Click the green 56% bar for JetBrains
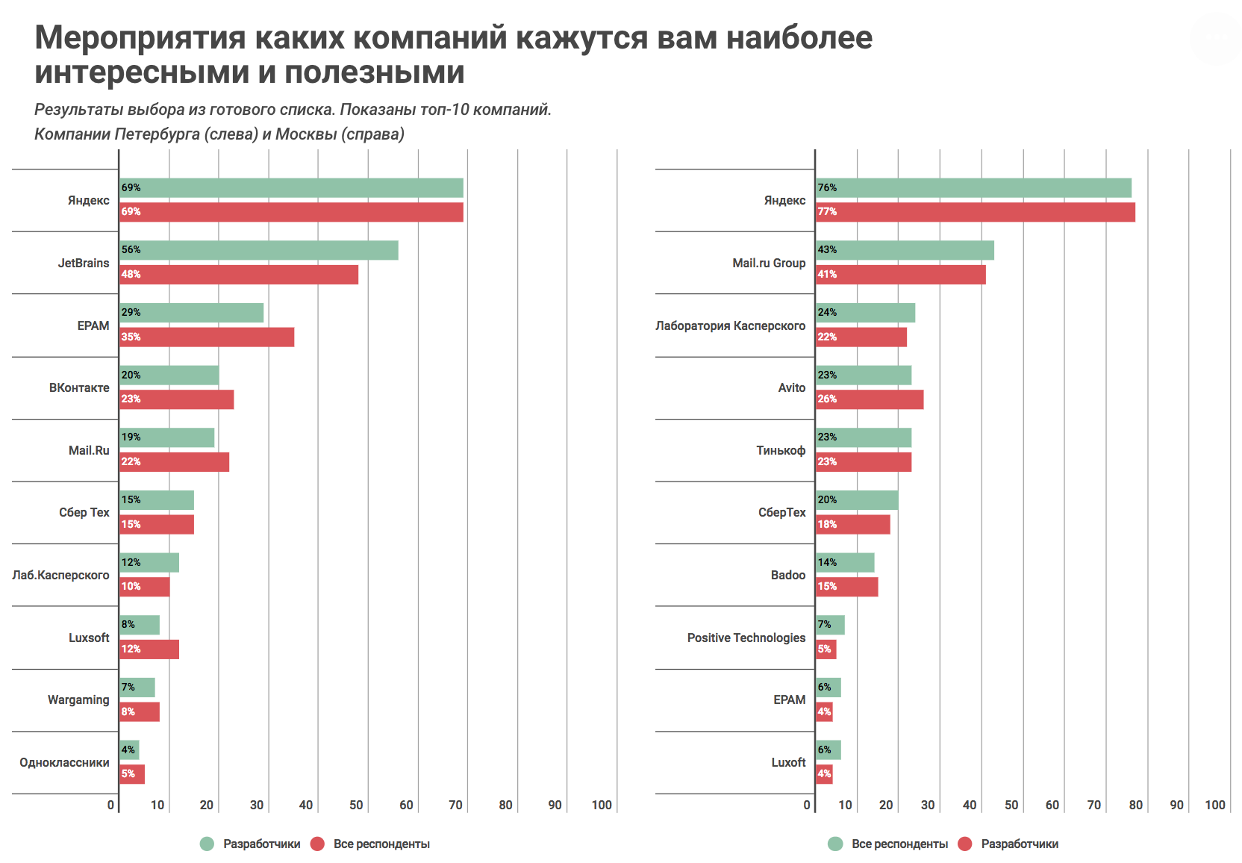(x=259, y=250)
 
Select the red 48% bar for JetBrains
(x=239, y=275)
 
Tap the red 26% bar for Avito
(x=870, y=399)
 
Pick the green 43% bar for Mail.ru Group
(x=905, y=250)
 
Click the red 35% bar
(x=207, y=337)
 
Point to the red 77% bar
(x=976, y=212)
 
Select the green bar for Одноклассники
(x=130, y=750)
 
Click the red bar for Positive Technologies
(x=826, y=649)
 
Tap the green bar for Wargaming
(x=137, y=688)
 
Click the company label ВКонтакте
(x=79, y=388)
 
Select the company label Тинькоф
(x=781, y=450)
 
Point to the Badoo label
(x=788, y=575)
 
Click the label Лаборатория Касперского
(x=730, y=325)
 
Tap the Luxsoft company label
(x=89, y=638)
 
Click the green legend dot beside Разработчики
(x=207, y=844)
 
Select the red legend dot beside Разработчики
(x=965, y=844)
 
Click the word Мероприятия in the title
(x=140, y=37)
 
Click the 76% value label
(x=827, y=187)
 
